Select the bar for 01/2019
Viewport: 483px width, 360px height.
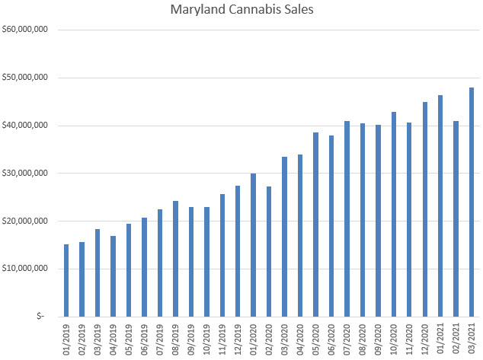pos(67,280)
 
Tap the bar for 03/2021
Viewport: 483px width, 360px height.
pos(472,202)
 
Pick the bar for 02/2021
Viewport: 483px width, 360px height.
pos(456,218)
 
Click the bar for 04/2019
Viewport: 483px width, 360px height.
pos(114,276)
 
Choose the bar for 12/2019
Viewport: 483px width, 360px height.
pos(238,251)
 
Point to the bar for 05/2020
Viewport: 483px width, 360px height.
pos(316,225)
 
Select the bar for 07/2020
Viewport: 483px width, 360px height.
pos(347,218)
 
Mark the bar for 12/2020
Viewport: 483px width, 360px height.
pos(425,209)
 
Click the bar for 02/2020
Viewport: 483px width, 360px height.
pos(269,251)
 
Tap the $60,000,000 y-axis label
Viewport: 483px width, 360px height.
pos(27,30)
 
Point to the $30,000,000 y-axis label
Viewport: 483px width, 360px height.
pos(27,174)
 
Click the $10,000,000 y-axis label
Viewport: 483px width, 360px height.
pos(27,269)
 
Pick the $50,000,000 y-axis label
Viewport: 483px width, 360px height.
pos(27,78)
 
